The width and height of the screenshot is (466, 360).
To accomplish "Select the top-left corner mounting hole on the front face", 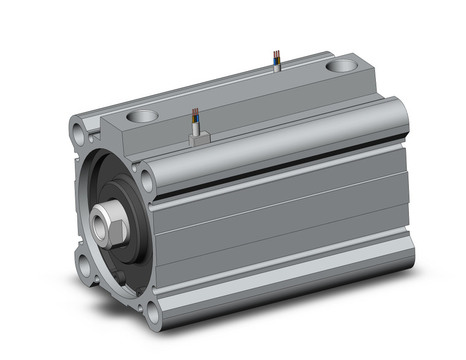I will click(x=78, y=131).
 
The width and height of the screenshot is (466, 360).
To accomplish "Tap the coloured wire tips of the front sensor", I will click(x=196, y=113).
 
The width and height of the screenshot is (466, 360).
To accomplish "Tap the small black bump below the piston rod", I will click(x=123, y=279).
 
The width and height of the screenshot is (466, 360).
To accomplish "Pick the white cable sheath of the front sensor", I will click(x=196, y=128).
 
